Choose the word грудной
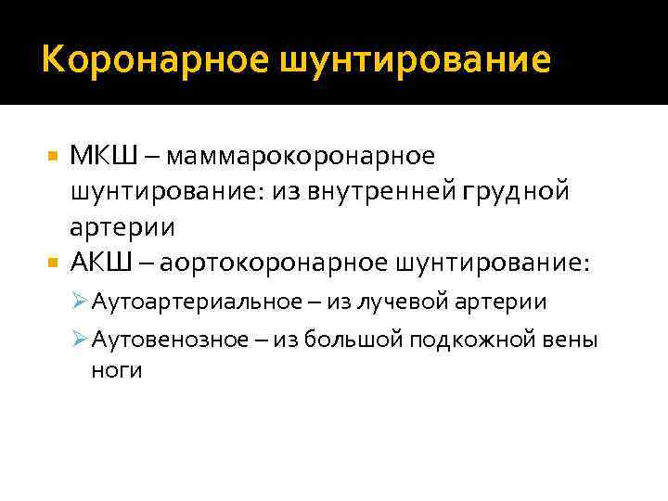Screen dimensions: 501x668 [523, 192]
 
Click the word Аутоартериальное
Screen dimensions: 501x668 [185, 302]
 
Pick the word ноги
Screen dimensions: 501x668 [116, 370]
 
